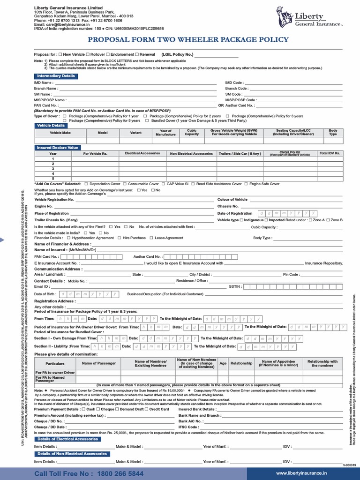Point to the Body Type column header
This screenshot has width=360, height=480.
[x=333, y=133]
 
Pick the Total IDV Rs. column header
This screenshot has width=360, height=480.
[x=330, y=153]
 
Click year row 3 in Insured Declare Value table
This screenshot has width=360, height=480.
[x=53, y=169]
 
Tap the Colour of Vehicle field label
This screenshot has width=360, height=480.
[x=232, y=200]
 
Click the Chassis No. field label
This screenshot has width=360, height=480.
[x=228, y=206]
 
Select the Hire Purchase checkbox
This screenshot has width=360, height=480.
[x=120, y=238]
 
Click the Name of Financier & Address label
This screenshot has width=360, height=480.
[x=62, y=244]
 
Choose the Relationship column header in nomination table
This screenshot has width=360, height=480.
[x=241, y=363]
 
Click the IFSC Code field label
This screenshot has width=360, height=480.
[x=189, y=427]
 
